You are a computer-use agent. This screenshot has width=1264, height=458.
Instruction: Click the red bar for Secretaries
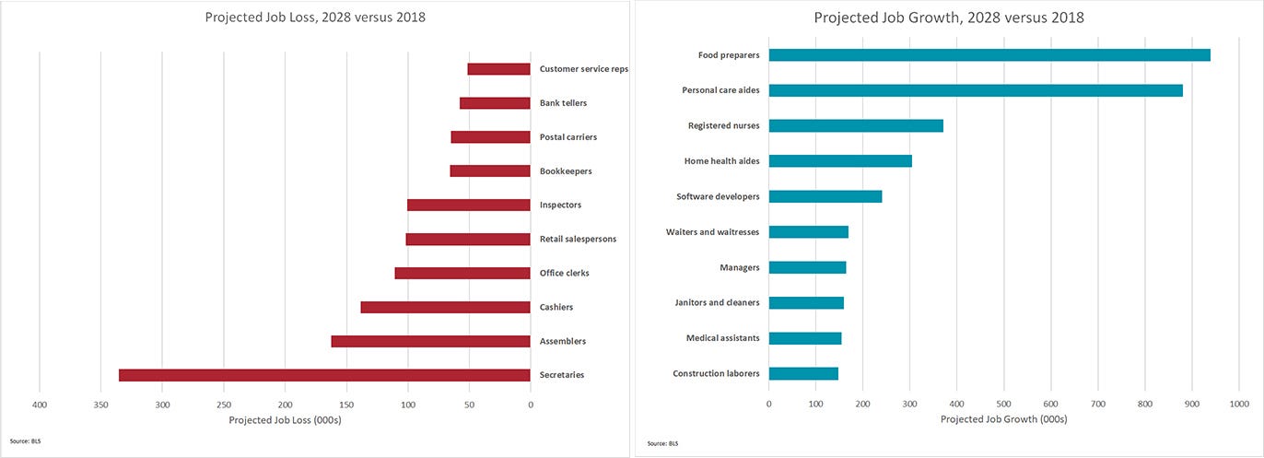tap(324, 375)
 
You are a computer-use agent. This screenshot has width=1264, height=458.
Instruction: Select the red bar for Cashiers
tap(445, 307)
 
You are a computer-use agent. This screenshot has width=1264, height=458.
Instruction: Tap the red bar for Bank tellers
tap(495, 103)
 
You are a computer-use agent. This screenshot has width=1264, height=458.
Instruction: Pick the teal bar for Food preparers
tap(989, 55)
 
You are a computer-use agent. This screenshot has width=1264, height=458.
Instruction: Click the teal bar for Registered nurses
tap(856, 126)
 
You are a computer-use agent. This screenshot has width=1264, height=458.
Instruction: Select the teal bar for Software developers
tap(825, 196)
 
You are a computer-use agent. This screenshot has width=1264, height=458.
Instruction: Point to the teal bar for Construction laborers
tap(803, 373)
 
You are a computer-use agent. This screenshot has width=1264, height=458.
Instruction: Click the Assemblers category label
tap(562, 341)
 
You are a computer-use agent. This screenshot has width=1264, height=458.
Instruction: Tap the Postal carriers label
tap(568, 137)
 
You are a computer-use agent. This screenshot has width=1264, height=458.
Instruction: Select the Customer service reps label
tap(583, 69)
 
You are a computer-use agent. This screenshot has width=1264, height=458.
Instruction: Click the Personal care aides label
tap(720, 90)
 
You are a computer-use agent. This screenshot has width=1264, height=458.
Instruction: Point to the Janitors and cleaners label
tap(717, 302)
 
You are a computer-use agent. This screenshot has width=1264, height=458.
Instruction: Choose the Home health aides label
tap(721, 161)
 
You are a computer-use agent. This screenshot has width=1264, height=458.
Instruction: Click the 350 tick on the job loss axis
tap(100, 404)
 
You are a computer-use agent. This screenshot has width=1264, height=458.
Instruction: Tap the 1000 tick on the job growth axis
tap(1238, 403)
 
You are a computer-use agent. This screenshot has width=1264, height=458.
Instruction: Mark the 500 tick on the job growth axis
tap(1003, 403)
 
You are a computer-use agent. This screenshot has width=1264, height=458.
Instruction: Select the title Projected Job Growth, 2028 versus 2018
tap(948, 18)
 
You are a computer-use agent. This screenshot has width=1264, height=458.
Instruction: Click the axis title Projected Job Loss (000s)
tap(285, 420)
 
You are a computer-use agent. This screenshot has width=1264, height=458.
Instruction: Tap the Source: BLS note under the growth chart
tap(657, 443)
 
